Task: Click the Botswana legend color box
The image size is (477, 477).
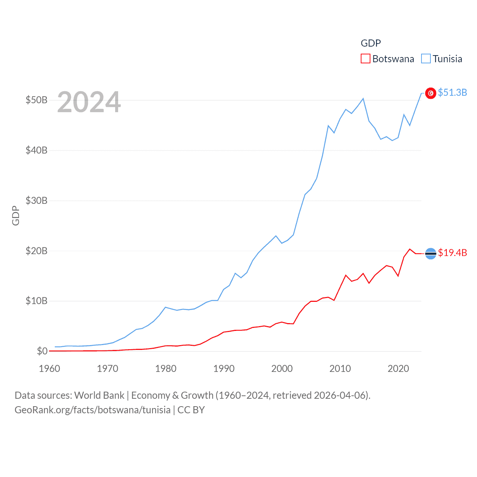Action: click(x=365, y=59)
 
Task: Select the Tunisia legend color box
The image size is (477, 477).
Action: click(x=426, y=59)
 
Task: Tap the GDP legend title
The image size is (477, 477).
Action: click(x=370, y=43)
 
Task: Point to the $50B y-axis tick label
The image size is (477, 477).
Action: click(x=37, y=100)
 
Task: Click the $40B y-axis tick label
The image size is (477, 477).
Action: click(x=37, y=150)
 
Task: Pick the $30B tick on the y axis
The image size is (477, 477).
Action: click(x=37, y=200)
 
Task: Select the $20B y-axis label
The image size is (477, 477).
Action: click(x=37, y=251)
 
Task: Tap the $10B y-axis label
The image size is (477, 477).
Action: click(x=37, y=301)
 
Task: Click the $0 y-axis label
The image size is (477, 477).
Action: click(x=42, y=351)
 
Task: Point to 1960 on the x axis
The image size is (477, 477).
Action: click(x=50, y=369)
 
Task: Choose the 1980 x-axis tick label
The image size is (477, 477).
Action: click(x=166, y=369)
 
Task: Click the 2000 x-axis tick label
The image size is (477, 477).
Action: click(x=282, y=369)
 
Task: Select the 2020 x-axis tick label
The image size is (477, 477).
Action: click(x=398, y=369)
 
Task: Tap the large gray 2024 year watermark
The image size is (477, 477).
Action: click(x=89, y=102)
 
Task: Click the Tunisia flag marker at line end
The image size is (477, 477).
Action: click(x=430, y=93)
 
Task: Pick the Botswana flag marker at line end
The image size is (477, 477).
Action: click(x=430, y=253)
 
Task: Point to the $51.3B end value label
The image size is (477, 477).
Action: click(x=452, y=92)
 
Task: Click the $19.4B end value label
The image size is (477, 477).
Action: click(x=452, y=253)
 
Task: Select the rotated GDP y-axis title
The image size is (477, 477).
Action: click(x=16, y=215)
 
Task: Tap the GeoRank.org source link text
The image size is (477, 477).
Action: click(x=92, y=410)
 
